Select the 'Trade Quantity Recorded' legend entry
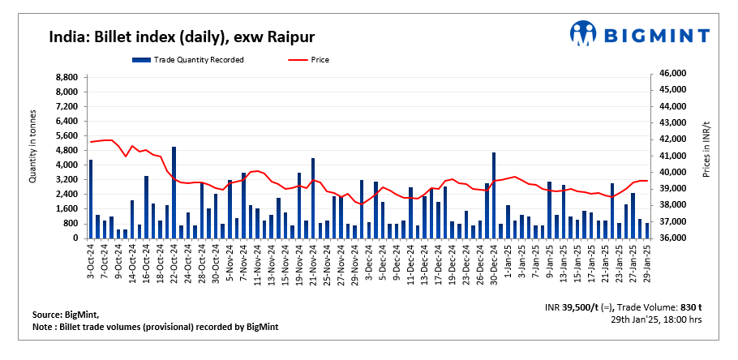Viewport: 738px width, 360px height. pos(189,59)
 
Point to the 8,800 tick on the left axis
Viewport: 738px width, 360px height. pos(67,77)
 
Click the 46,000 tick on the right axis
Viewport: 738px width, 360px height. pos(673,74)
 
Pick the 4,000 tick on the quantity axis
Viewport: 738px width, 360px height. pos(67,165)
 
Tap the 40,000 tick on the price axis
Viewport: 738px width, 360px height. pos(673,173)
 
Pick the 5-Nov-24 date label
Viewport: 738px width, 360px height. pos(230,260)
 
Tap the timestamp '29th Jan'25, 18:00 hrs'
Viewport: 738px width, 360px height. pos(657,320)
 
